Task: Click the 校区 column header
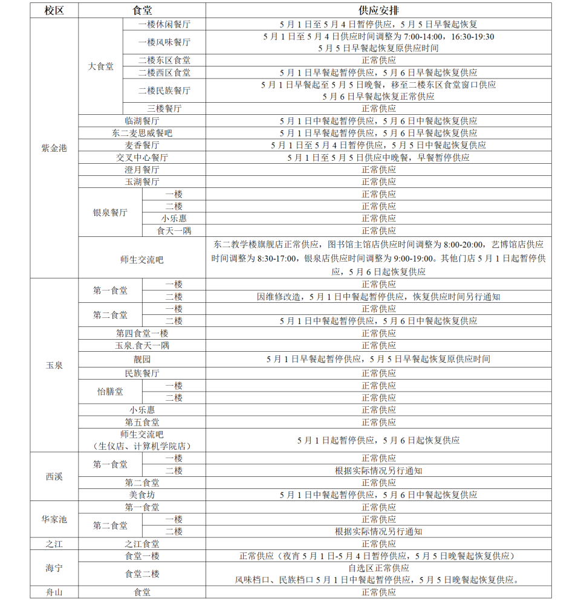click(x=54, y=11)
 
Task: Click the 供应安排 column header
click(x=378, y=11)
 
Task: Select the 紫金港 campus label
click(x=54, y=148)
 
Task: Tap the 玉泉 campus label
click(x=54, y=366)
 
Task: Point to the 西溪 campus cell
click(x=54, y=476)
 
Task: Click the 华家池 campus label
click(x=54, y=519)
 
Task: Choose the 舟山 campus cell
click(x=54, y=592)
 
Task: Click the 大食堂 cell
click(x=100, y=66)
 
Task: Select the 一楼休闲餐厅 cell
click(x=164, y=25)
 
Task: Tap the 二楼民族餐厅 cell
click(x=164, y=91)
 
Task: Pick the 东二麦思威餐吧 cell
click(x=142, y=133)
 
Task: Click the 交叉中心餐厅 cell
click(x=142, y=157)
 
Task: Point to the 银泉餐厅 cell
click(x=110, y=212)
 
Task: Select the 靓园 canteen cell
click(x=142, y=359)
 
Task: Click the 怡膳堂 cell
click(x=110, y=392)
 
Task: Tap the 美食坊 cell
click(x=142, y=495)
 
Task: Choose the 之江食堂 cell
click(x=142, y=544)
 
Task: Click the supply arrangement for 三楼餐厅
click(x=378, y=109)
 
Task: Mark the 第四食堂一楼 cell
click(x=142, y=333)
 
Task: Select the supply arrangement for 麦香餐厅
click(x=378, y=145)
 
